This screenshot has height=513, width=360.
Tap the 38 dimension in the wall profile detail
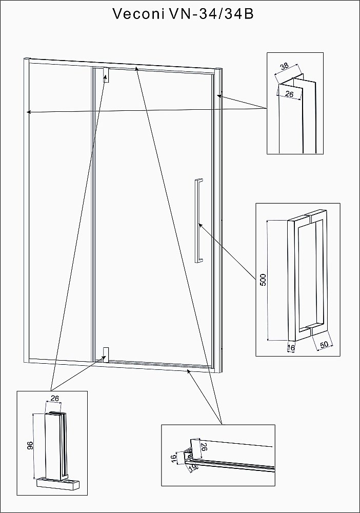click(285, 66)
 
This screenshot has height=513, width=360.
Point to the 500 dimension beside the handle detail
click(263, 280)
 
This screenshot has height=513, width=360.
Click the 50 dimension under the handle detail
click(324, 345)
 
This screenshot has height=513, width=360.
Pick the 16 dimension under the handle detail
click(291, 348)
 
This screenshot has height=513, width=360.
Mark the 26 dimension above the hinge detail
click(54, 398)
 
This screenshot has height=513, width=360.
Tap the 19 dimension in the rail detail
click(193, 468)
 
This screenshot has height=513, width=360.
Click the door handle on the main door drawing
click(198, 221)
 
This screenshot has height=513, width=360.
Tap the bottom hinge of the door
click(106, 354)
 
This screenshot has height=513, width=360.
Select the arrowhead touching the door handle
click(200, 225)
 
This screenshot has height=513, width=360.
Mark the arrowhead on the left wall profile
click(29, 112)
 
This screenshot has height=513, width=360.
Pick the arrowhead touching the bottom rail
click(188, 371)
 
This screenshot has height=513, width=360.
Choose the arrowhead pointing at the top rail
click(136, 68)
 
